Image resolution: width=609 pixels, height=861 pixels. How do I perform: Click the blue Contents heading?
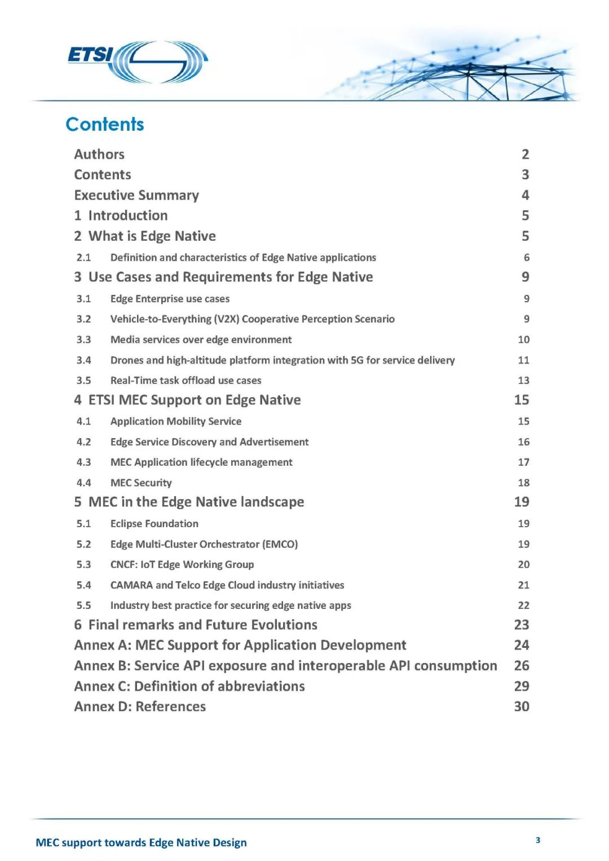point(105,125)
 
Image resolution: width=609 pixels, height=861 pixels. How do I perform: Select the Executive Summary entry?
point(136,195)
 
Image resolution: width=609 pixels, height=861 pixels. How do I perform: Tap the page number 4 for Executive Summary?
point(525,195)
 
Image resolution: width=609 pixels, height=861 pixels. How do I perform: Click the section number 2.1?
point(83,258)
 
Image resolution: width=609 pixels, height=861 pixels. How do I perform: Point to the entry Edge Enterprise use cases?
point(170,299)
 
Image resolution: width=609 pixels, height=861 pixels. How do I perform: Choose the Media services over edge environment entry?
point(201,339)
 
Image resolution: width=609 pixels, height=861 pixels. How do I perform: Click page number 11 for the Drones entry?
point(523,360)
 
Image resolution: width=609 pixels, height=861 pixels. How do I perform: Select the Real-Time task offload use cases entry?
point(186,381)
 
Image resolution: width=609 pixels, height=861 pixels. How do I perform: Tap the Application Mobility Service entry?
point(175,421)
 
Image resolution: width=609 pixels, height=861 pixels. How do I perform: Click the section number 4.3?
point(83,462)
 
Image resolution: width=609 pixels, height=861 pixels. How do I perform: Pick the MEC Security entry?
point(141,483)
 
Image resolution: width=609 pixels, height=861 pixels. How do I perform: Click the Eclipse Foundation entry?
point(154,524)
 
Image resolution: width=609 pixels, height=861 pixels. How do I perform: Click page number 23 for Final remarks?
point(522,625)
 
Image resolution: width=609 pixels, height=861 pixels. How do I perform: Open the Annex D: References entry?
point(140,707)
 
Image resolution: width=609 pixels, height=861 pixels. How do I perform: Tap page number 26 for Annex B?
point(522,666)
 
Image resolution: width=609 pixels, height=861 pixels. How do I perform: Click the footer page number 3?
point(538,840)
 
